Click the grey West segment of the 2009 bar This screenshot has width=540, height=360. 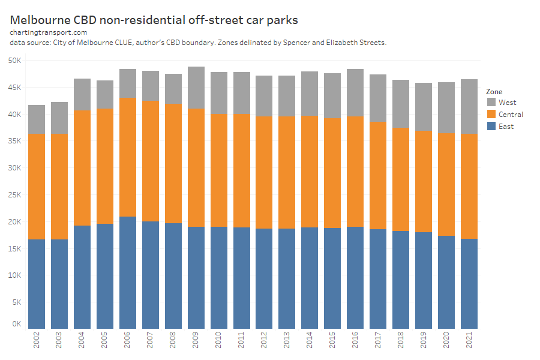tap(196, 88)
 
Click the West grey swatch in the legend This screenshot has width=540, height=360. tap(491, 103)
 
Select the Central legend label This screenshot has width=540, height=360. tap(511, 115)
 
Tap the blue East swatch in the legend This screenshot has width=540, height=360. tap(491, 127)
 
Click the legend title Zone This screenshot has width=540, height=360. tap(494, 92)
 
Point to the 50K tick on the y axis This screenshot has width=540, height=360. tap(14, 61)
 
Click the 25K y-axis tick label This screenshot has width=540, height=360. tap(14, 195)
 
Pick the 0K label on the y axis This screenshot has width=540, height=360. tap(16, 324)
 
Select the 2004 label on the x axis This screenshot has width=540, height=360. tap(82, 343)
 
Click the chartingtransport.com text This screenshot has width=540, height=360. tap(49, 32)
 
